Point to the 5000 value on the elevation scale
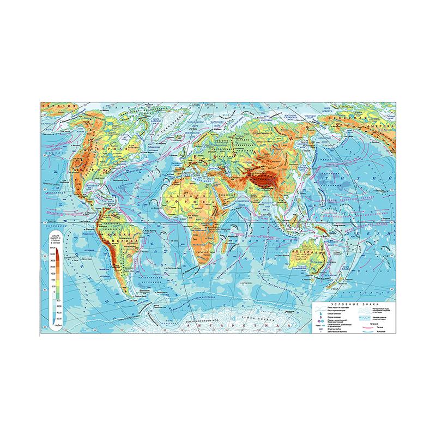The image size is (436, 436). pyautogui.click(x=54, y=255)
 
